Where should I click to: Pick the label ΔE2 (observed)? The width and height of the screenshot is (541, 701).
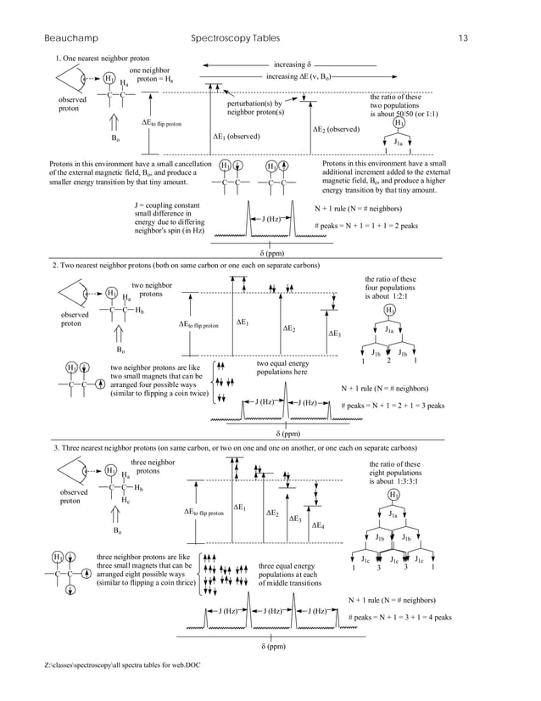[x=337, y=129]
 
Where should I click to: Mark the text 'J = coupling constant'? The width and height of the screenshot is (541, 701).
[x=167, y=205]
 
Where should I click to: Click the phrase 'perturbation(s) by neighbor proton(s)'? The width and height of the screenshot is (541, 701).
[x=255, y=108]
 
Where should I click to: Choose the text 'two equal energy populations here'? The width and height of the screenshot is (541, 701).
[x=282, y=367]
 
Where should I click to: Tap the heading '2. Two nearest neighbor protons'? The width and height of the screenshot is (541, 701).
[x=186, y=266]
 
